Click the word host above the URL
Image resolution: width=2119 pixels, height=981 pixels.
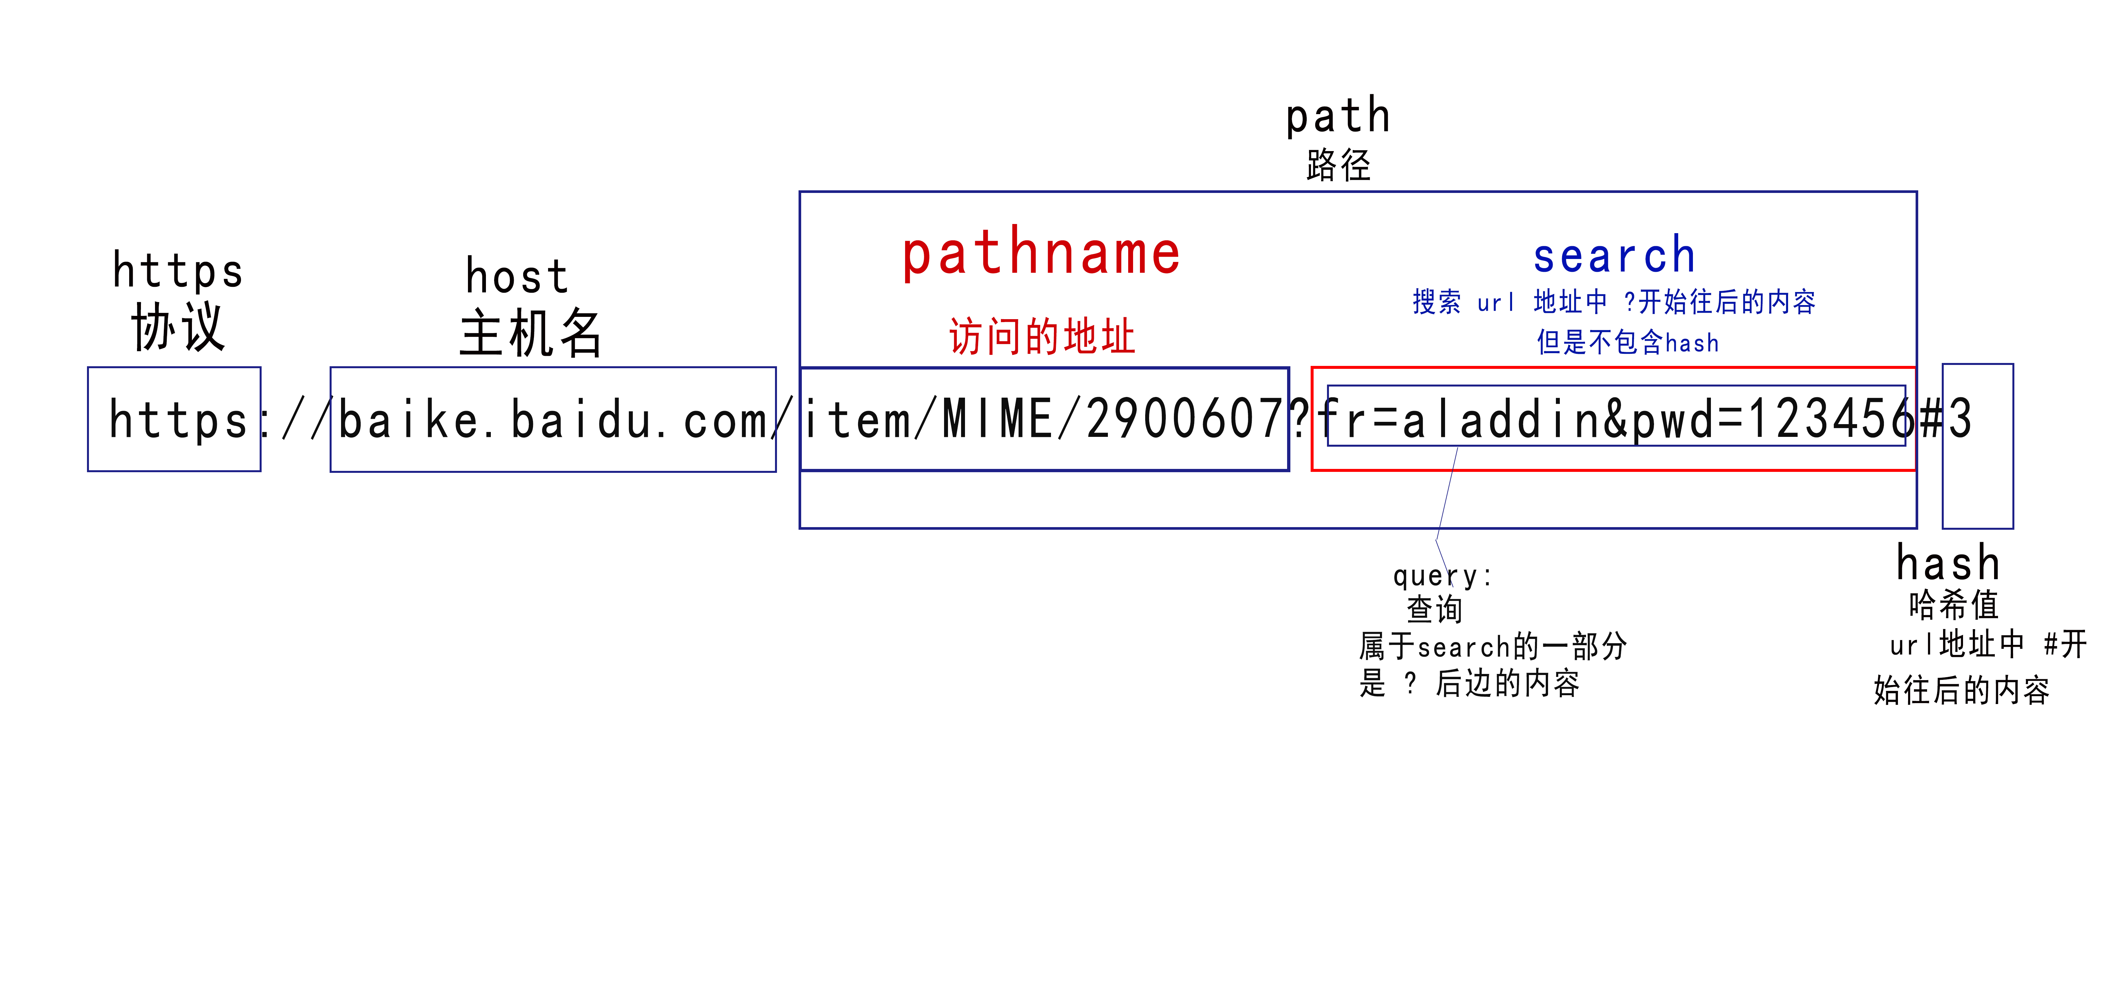point(517,276)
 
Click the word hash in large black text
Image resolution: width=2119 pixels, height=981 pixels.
point(1948,564)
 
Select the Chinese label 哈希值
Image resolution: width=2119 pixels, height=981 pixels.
point(1954,605)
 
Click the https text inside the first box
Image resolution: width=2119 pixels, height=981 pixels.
point(178,420)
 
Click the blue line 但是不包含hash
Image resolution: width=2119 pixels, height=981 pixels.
point(1627,342)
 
